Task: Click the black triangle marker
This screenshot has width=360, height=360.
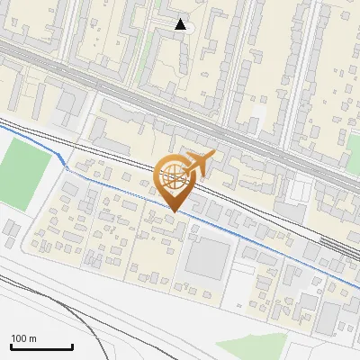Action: (181, 24)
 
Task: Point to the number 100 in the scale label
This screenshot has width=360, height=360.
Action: (20, 338)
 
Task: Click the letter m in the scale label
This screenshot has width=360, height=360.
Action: (32, 338)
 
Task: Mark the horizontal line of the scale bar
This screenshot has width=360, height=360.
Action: (41, 347)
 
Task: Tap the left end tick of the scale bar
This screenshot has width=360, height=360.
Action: (11, 346)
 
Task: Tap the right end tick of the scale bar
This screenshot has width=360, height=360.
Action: (72, 346)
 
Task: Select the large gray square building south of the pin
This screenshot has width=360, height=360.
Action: (208, 257)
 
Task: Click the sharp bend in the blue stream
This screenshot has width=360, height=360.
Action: (63, 164)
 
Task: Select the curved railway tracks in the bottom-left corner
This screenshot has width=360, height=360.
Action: (72, 315)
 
